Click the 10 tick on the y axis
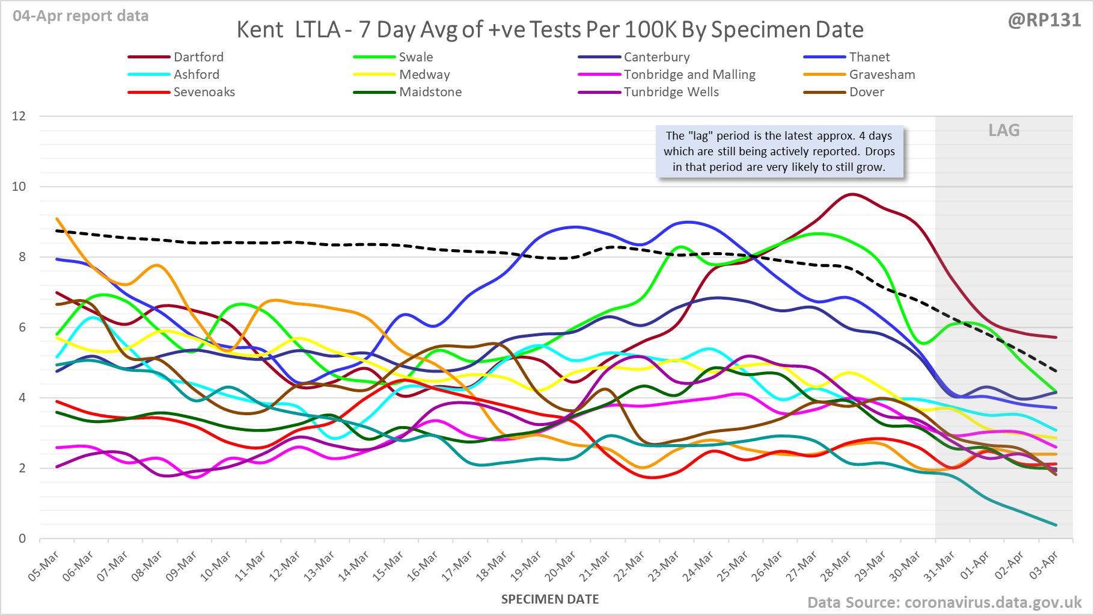[x=19, y=187]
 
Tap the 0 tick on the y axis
[x=22, y=539]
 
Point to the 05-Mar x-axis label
[x=44, y=566]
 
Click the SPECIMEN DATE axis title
[x=550, y=599]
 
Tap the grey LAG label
[x=1004, y=131]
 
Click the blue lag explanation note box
[x=779, y=152]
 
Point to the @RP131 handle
[x=1044, y=20]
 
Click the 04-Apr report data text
[x=81, y=16]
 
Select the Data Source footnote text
[x=944, y=602]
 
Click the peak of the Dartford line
[x=851, y=194]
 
